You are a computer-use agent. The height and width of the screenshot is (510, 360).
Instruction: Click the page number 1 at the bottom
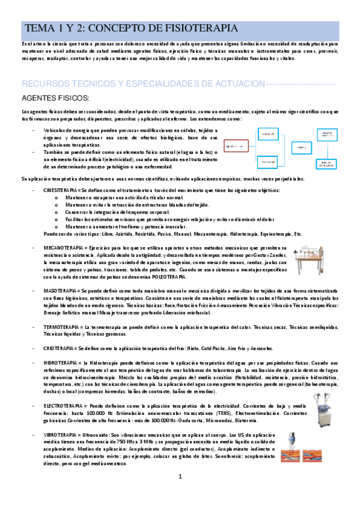180,494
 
